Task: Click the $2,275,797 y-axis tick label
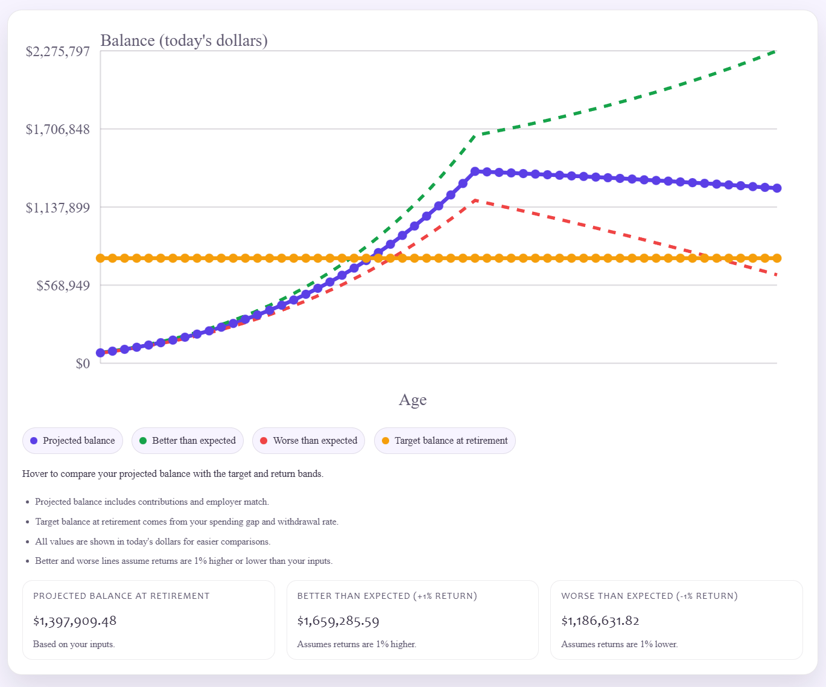tap(57, 51)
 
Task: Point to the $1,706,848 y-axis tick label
tap(57, 129)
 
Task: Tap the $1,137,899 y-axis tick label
tap(57, 208)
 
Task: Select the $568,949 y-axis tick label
tap(63, 286)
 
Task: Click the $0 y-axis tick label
tap(83, 363)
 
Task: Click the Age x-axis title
tap(413, 400)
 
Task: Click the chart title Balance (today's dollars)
tap(184, 40)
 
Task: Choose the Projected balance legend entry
tap(73, 441)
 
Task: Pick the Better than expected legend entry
tap(188, 441)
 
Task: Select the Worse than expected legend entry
tap(309, 441)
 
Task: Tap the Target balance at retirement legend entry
tap(445, 441)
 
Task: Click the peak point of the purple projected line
tap(475, 172)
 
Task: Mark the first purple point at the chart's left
tap(101, 353)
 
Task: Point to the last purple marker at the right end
tap(777, 188)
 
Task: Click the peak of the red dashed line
tap(475, 200)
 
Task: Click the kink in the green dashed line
tap(475, 135)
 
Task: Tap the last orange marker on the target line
tap(777, 258)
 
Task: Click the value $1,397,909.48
tap(75, 621)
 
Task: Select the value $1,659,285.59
tap(338, 621)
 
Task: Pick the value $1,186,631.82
tap(600, 621)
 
